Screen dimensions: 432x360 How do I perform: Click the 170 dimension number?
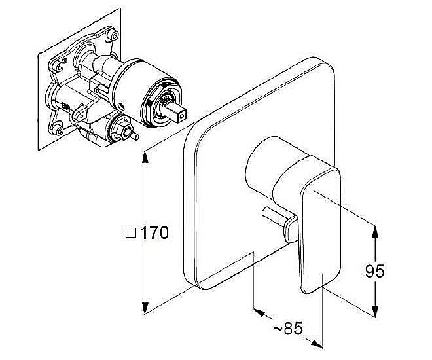pyautogui.click(x=154, y=233)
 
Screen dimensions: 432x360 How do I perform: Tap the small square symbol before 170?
pyautogui.click(x=131, y=233)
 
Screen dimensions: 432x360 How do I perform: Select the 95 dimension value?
pyautogui.click(x=374, y=271)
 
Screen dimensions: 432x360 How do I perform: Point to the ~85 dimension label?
pyautogui.click(x=288, y=329)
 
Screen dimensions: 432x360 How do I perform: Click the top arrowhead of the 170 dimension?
pyautogui.click(x=145, y=158)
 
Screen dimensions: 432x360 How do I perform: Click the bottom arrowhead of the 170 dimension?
pyautogui.click(x=145, y=306)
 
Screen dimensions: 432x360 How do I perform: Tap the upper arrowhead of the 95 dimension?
pyautogui.click(x=374, y=232)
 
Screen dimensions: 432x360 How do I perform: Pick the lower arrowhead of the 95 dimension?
pyautogui.click(x=374, y=310)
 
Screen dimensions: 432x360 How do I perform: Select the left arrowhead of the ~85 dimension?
pyautogui.click(x=260, y=312)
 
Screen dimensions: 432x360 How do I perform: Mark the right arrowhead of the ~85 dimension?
pyautogui.click(x=316, y=343)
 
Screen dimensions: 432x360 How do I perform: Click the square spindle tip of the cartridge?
pyautogui.click(x=176, y=111)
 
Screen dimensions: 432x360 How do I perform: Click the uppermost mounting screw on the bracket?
pyautogui.click(x=113, y=35)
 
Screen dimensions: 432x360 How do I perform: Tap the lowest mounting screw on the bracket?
pyautogui.click(x=59, y=130)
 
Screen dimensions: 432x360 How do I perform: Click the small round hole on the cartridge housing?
pyautogui.click(x=120, y=106)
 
